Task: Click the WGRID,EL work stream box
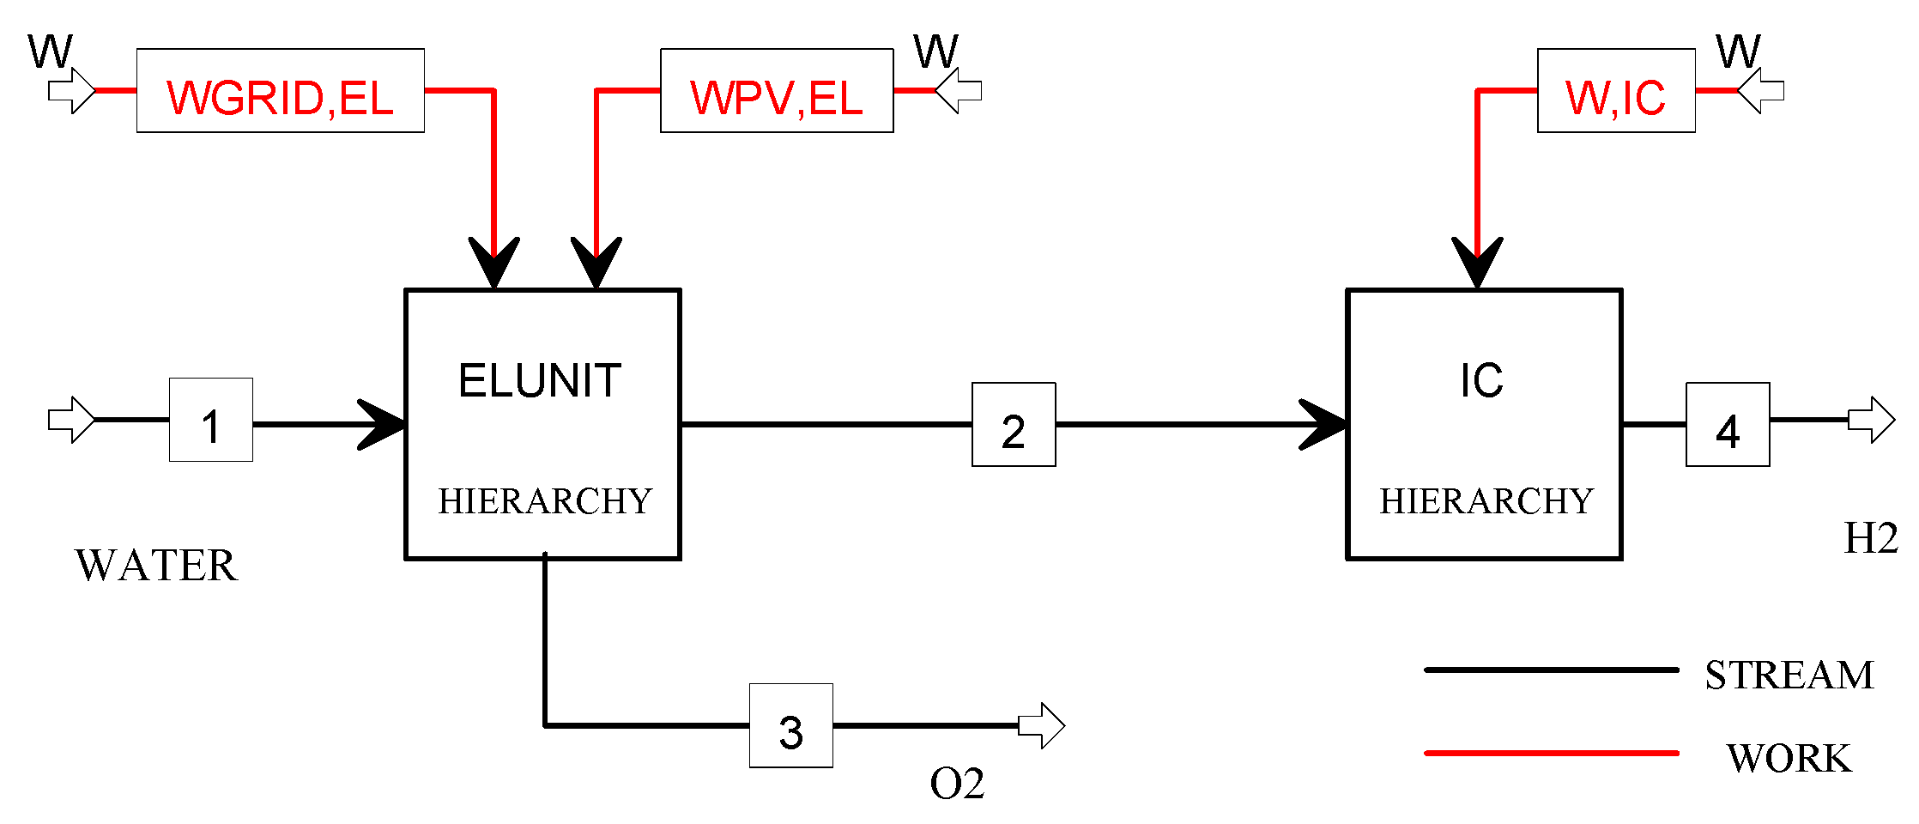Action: point(280,91)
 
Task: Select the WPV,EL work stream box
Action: point(777,91)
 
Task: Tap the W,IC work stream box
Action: point(1616,91)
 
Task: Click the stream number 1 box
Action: point(211,421)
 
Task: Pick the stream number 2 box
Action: point(1014,425)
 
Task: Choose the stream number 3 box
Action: point(790,726)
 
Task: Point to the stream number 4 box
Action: point(1728,425)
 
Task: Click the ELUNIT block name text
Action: point(540,381)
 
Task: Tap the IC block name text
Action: point(1482,381)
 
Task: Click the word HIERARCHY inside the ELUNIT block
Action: point(545,501)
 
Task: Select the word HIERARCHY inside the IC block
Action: point(1486,501)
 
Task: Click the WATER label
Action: point(156,566)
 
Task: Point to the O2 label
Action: point(957,784)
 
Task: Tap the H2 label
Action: point(1871,539)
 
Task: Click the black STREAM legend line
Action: point(1551,669)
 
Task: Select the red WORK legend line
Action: point(1551,753)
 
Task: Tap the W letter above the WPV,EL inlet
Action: point(935,52)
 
